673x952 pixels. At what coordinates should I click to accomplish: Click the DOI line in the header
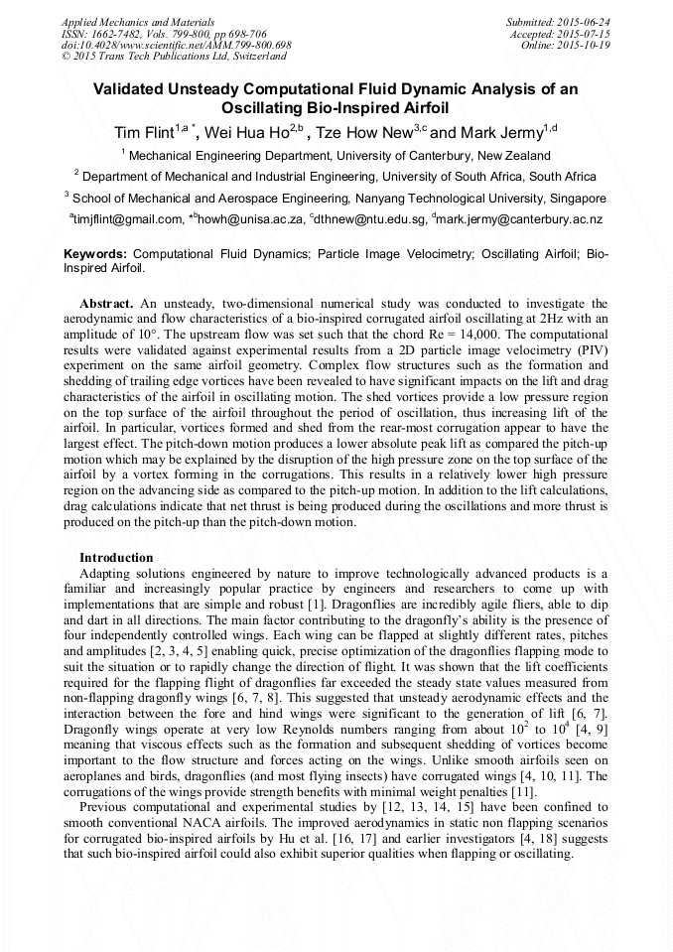click(x=177, y=45)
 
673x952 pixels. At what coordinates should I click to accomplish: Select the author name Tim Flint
click(x=143, y=133)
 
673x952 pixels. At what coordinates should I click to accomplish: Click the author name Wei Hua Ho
click(x=247, y=133)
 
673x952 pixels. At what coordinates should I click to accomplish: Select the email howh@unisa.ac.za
click(x=253, y=219)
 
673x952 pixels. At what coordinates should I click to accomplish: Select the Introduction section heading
click(x=116, y=557)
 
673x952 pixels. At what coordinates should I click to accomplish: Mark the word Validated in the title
click(x=134, y=89)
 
